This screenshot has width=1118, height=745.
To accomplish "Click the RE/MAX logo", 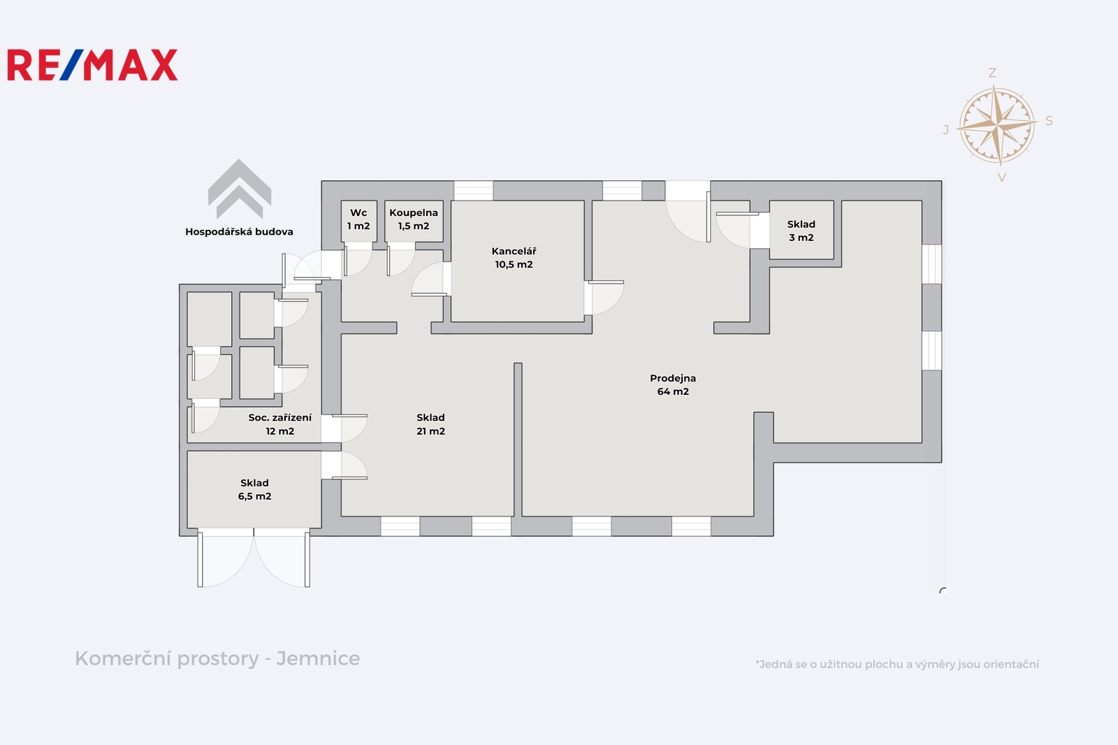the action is coord(92,65).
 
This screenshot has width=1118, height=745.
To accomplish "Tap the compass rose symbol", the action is coord(996,125).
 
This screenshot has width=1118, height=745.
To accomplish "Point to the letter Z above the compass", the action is coord(992,73).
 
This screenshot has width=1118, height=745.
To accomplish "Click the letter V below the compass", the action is coord(1002,178).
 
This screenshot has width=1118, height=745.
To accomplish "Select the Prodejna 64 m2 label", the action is coord(673,385).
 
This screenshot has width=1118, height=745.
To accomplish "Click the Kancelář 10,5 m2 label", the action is coord(514,258).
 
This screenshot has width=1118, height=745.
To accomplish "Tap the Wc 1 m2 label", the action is coord(358,219).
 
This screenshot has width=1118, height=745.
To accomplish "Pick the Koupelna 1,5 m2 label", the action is coord(414,219).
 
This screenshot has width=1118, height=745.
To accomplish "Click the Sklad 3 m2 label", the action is coord(801,231).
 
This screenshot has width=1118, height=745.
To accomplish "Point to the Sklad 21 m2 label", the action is coord(430,424).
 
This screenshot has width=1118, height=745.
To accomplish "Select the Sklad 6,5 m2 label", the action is coord(254,489).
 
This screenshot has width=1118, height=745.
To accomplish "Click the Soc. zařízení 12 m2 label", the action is coord(280,424).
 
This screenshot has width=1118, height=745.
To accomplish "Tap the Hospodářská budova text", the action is coord(239,232).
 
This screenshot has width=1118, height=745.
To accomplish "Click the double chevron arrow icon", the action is coord(240,189).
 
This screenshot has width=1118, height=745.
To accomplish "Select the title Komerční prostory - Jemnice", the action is coord(217,658).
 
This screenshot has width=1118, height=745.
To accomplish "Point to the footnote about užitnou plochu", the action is coord(897,664).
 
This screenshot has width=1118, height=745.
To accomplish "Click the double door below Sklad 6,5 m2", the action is coord(254,558).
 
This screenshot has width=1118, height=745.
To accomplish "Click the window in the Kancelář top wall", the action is coord(473,191).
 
